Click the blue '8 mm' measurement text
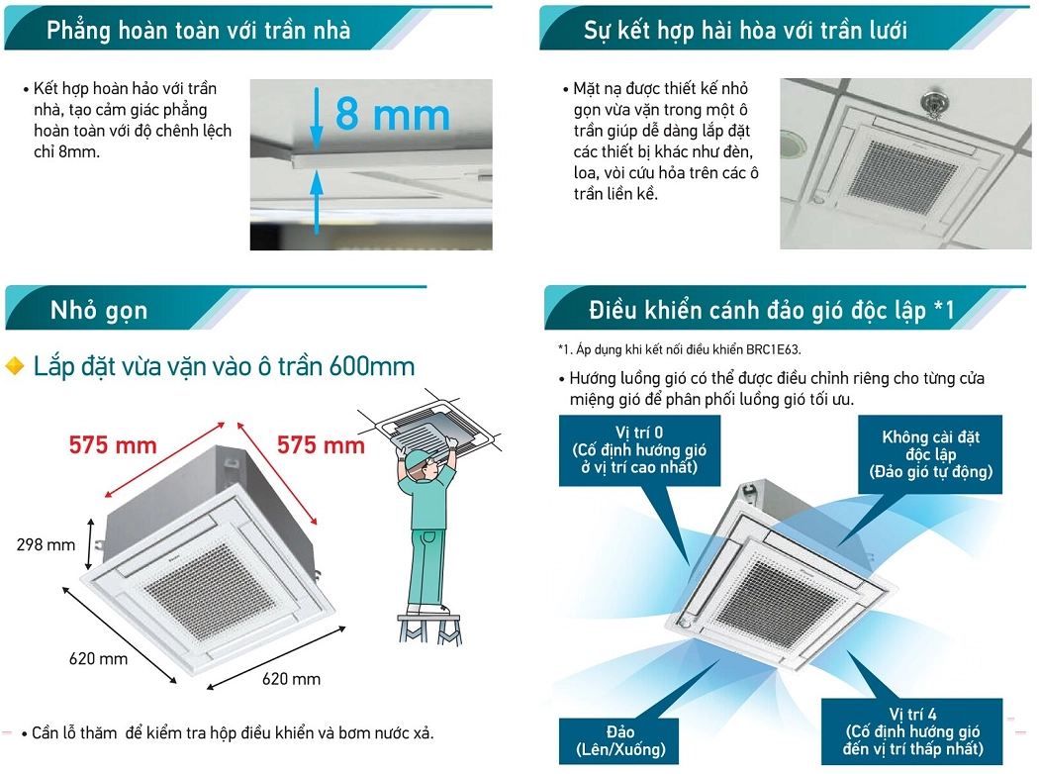click(392, 114)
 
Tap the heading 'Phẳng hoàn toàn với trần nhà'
click(198, 31)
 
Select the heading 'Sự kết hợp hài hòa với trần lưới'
click(745, 31)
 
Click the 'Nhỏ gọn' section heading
click(99, 310)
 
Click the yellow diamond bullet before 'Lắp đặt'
click(15, 366)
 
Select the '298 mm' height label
click(46, 544)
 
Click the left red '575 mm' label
click(113, 444)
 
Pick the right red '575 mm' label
click(321, 444)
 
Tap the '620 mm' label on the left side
click(98, 659)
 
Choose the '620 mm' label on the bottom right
click(291, 679)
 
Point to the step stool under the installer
click(429, 629)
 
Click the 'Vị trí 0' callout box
click(639, 450)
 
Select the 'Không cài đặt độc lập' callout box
click(930, 454)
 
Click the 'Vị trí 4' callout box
click(912, 731)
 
